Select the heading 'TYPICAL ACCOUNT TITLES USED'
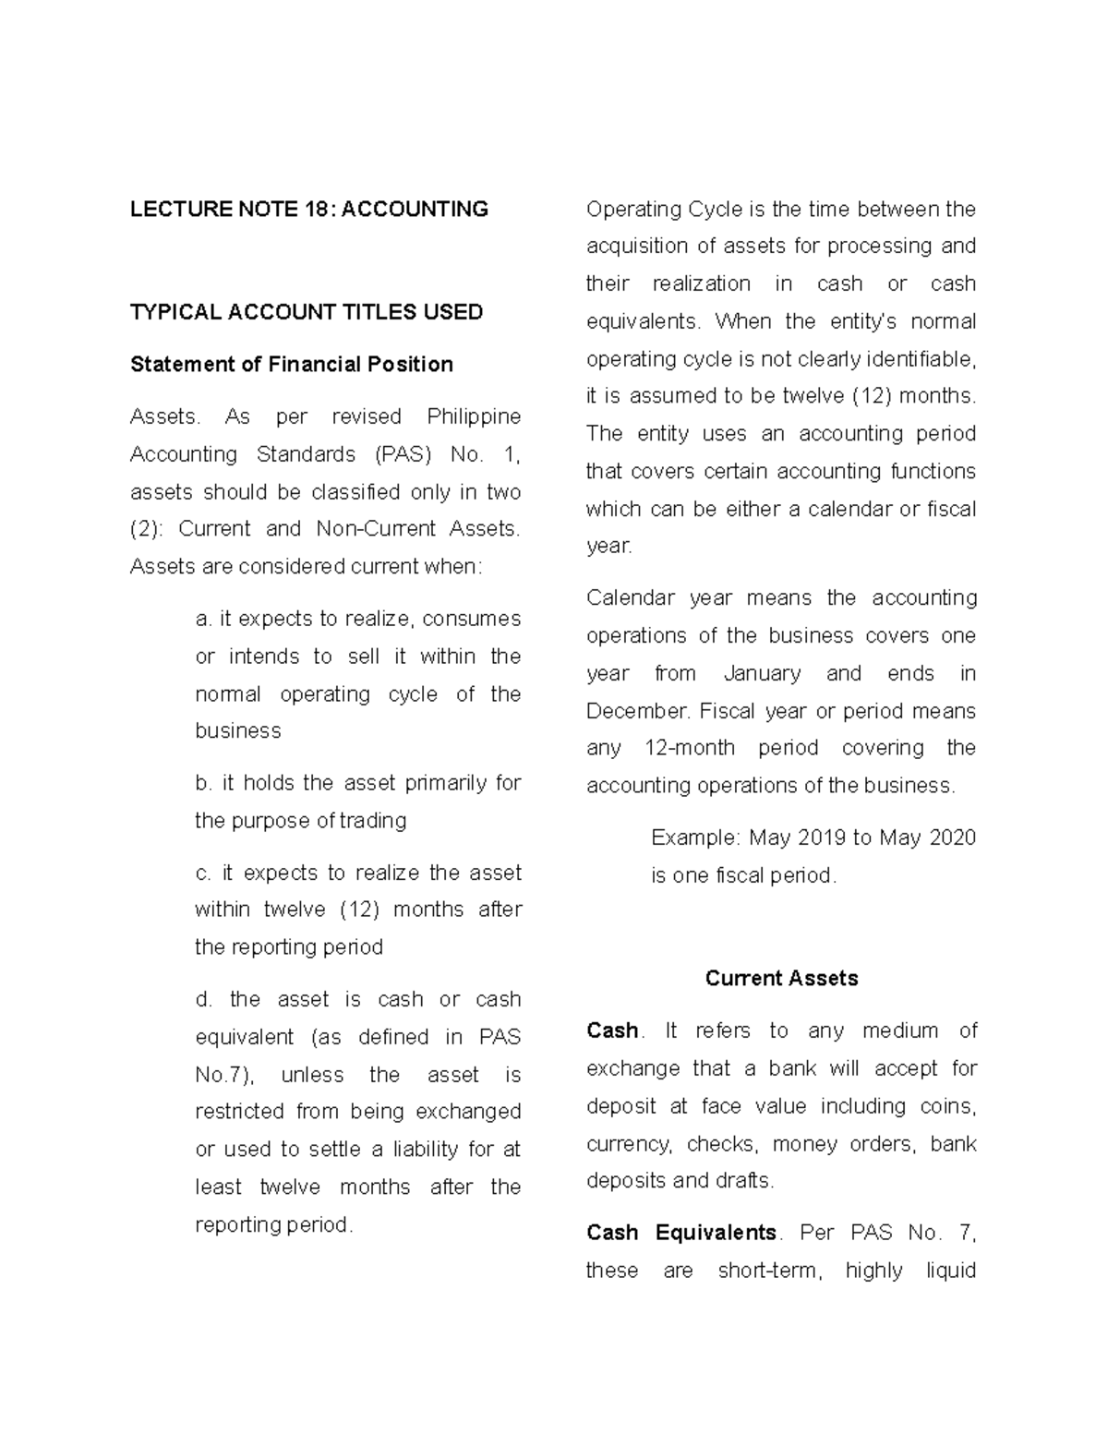pos(307,312)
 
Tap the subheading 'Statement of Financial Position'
pos(292,365)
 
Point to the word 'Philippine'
pos(474,417)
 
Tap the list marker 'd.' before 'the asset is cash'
pos(204,999)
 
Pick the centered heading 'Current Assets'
pos(781,979)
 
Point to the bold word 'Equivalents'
pos(717,1233)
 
